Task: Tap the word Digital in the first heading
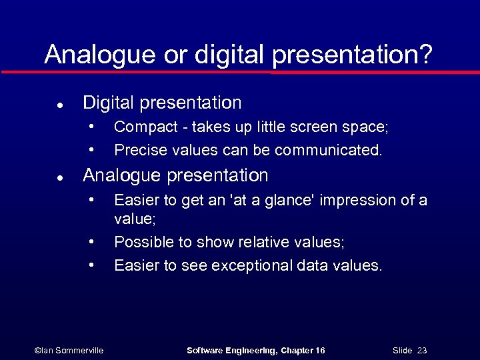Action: pyautogui.click(x=109, y=103)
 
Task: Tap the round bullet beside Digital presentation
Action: pyautogui.click(x=59, y=105)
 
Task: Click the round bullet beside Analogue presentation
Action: pyautogui.click(x=59, y=178)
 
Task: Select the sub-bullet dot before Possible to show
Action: pyautogui.click(x=91, y=241)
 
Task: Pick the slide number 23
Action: pyautogui.click(x=421, y=351)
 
